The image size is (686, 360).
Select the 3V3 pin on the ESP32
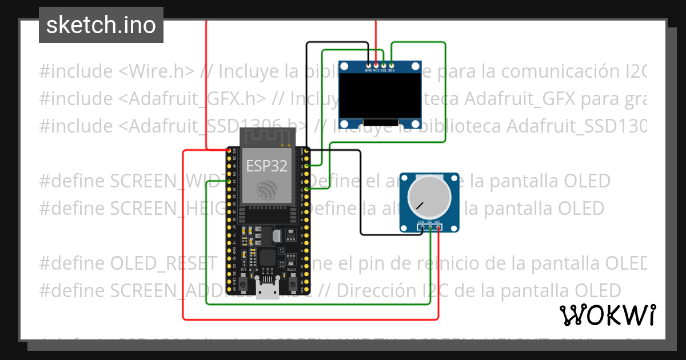click(x=229, y=151)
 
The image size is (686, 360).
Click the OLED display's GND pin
click(x=369, y=65)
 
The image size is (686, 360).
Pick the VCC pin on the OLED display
click(x=376, y=65)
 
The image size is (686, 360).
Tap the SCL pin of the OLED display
click(x=384, y=65)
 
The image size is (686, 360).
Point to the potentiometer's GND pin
click(x=421, y=227)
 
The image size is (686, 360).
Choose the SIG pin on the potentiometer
click(x=430, y=227)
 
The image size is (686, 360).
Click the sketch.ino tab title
click(x=101, y=25)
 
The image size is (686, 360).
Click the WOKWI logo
click(x=607, y=315)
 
